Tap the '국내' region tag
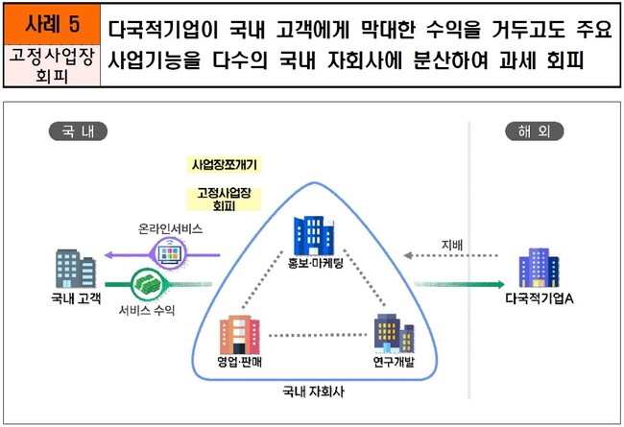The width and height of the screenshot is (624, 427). [77, 131]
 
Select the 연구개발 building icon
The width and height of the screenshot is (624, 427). [394, 335]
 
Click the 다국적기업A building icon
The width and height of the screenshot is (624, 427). [538, 270]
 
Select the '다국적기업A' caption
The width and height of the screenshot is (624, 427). [539, 301]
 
